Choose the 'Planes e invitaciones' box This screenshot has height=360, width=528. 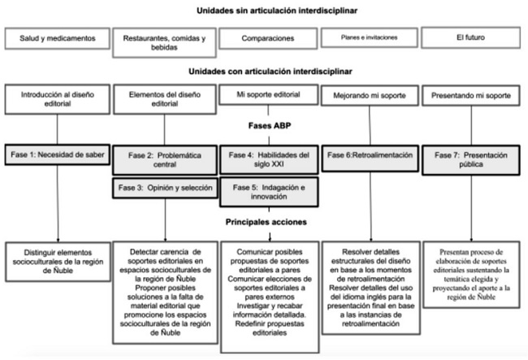tap(368, 38)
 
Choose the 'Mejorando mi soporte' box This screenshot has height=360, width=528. tap(368, 97)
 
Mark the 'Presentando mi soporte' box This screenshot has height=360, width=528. tap(470, 97)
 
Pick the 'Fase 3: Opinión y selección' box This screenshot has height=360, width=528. tap(163, 188)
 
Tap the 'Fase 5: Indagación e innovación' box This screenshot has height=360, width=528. tap(268, 193)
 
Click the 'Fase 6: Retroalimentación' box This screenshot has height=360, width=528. tap(368, 154)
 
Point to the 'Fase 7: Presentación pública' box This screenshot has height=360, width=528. tap(471, 158)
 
